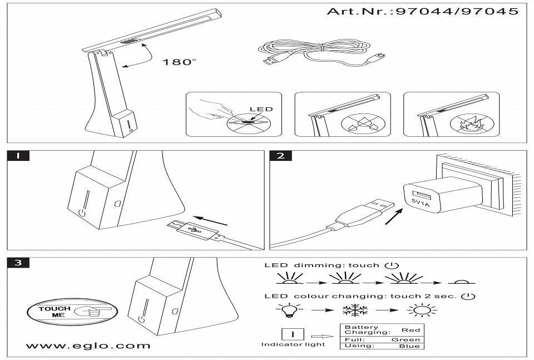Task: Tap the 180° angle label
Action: pos(179,62)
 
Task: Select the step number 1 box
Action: pos(18,156)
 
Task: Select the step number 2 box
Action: pos(280,156)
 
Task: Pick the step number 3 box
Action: pos(18,263)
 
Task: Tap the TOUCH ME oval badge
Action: pos(71,311)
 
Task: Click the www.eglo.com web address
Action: pos(88,346)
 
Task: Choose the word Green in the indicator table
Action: pos(406,339)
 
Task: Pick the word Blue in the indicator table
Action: pos(410,346)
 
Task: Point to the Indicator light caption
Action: pos(293,344)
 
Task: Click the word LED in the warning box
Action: pos(261,109)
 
